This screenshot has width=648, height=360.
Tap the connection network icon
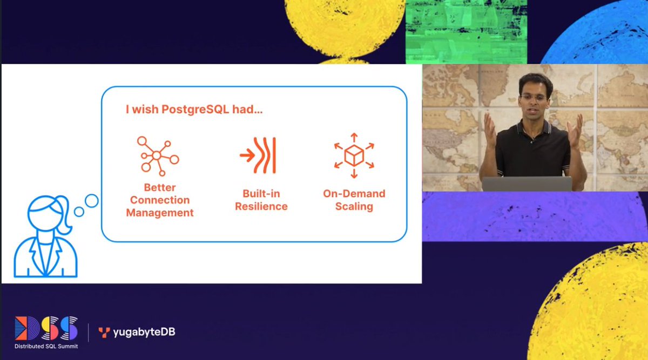pyautogui.click(x=157, y=155)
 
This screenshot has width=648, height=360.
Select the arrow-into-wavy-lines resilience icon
pyautogui.click(x=258, y=155)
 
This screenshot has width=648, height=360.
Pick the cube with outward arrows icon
pyautogui.click(x=354, y=155)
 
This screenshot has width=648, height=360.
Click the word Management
pyautogui.click(x=160, y=213)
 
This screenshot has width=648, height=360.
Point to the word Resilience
pyautogui.click(x=261, y=206)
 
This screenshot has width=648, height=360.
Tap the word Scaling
pyautogui.click(x=354, y=206)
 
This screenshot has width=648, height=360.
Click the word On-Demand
pyautogui.click(x=354, y=193)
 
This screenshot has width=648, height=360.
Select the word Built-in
pyautogui.click(x=261, y=193)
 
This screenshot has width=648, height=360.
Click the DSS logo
pyautogui.click(x=46, y=329)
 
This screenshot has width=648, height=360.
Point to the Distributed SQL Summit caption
pyautogui.click(x=46, y=345)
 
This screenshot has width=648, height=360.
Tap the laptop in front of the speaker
pyautogui.click(x=526, y=184)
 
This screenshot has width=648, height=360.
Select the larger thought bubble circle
pyautogui.click(x=92, y=201)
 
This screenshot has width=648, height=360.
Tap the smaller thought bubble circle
pyautogui.click(x=79, y=212)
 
